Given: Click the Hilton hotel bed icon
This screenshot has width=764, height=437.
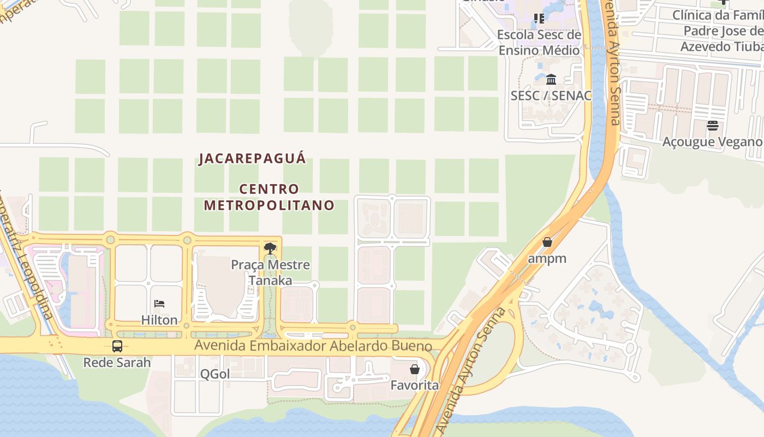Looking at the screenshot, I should pyautogui.click(x=159, y=304).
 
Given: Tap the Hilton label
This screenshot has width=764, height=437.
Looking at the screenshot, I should pyautogui.click(x=159, y=320).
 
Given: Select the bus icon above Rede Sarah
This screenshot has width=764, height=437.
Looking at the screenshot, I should pyautogui.click(x=117, y=346).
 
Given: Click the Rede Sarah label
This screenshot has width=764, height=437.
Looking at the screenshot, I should pyautogui.click(x=117, y=362).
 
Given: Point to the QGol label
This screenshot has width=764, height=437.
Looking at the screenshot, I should pyautogui.click(x=214, y=374).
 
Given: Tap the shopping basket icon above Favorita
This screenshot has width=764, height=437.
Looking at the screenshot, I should pyautogui.click(x=415, y=369).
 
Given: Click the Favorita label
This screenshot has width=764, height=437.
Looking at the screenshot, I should pyautogui.click(x=414, y=386).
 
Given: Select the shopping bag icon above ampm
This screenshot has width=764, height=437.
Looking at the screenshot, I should pyautogui.click(x=547, y=242).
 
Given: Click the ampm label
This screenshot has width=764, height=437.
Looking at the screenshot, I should pyautogui.click(x=547, y=258).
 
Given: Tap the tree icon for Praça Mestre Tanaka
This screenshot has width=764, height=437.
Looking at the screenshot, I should pyautogui.click(x=270, y=249).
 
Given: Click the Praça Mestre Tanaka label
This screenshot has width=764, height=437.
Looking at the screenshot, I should pyautogui.click(x=270, y=273).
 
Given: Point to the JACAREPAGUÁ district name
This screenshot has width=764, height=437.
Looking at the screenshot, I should pyautogui.click(x=253, y=159).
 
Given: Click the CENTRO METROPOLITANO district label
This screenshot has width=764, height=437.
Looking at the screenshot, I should pyautogui.click(x=269, y=197).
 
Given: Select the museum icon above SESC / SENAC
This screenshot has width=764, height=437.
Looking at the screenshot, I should pyautogui.click(x=551, y=80).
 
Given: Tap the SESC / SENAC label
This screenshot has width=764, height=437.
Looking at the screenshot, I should pyautogui.click(x=551, y=96).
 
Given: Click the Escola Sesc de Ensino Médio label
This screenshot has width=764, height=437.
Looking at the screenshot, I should pyautogui.click(x=539, y=43).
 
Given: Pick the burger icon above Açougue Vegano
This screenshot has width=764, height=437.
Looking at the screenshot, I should pyautogui.click(x=712, y=126).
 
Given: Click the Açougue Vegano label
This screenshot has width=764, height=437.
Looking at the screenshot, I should pyautogui.click(x=712, y=142).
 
